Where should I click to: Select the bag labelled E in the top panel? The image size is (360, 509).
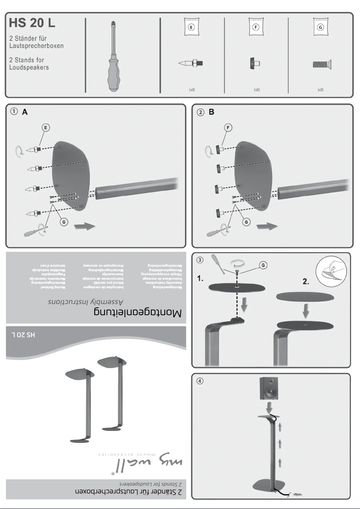192,28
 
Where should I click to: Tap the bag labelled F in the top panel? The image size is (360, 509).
256,28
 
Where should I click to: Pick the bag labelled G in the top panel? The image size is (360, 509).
320,28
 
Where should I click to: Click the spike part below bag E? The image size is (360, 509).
191,64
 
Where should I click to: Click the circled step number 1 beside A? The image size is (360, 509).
15,113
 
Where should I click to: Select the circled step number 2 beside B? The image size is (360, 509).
201,113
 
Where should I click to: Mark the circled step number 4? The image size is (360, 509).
201,381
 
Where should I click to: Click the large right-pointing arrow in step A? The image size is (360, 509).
84,226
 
